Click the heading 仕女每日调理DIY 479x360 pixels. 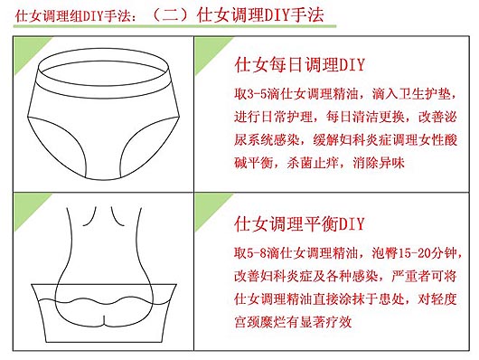pos(300,64)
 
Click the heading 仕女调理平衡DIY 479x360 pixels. pos(299,223)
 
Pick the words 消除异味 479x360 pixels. pos(379,163)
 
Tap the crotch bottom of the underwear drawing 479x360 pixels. pos(103,178)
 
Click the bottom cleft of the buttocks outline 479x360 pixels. pos(104,320)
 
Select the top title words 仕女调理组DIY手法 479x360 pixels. pos(72,16)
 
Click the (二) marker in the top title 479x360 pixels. pos(170,15)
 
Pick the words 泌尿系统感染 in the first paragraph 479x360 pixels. pos(345,128)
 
